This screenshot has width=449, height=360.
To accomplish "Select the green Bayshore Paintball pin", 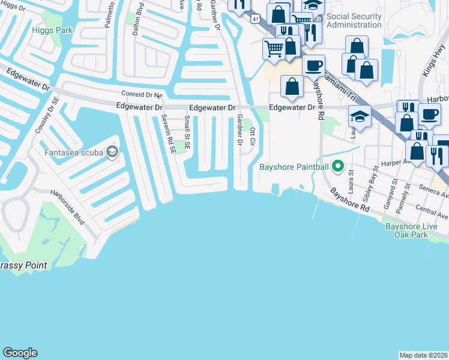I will pyautogui.click(x=338, y=166).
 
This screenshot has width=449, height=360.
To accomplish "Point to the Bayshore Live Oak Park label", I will pyautogui.click(x=415, y=230).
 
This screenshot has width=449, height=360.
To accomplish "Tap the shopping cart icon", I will pyautogui.click(x=274, y=49).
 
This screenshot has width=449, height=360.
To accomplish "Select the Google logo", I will pyautogui.click(x=20, y=353).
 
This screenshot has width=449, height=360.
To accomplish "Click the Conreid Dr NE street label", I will pyautogui.click(x=142, y=94).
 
